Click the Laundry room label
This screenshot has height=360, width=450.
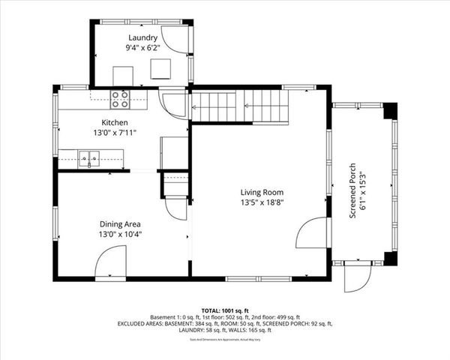coord(142,37)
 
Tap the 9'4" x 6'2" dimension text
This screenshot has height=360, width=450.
coord(142,49)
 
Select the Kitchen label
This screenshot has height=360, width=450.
coord(115,122)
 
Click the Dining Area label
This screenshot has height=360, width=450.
coord(121,223)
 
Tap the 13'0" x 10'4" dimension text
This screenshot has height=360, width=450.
coord(121,234)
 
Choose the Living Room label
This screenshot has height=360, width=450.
coord(262,191)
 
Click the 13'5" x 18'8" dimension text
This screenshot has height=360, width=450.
coord(262,202)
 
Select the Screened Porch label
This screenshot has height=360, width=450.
coord(352,191)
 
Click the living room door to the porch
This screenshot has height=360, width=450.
coord(310,234)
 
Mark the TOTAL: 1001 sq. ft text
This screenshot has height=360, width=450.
coord(225,309)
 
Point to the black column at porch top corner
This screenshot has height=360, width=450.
coord(389,111)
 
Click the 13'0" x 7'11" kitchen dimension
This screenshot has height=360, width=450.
coord(115,133)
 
